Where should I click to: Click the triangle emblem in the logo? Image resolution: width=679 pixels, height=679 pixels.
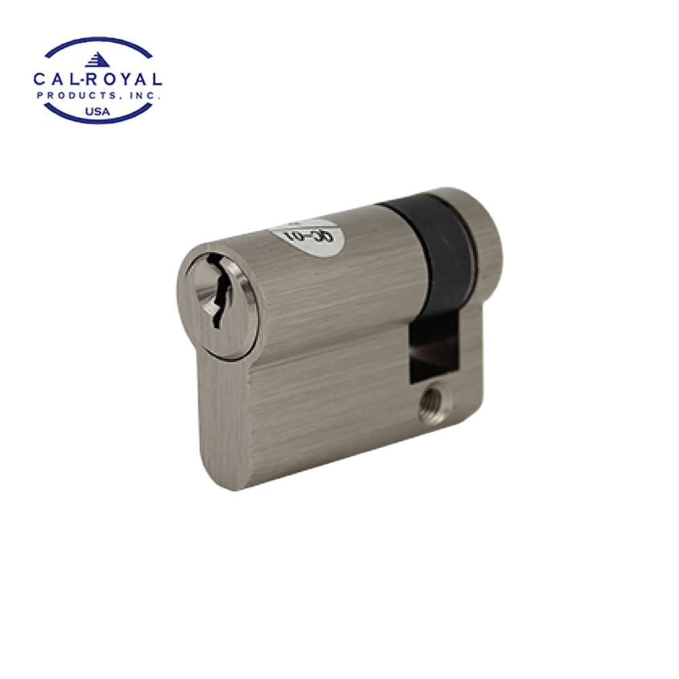[98, 60]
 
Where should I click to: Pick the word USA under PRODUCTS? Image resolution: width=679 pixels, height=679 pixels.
[98, 110]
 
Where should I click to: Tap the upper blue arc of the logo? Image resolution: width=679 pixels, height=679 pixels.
[98, 43]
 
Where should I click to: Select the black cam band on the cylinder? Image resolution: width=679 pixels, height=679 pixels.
[448, 258]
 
